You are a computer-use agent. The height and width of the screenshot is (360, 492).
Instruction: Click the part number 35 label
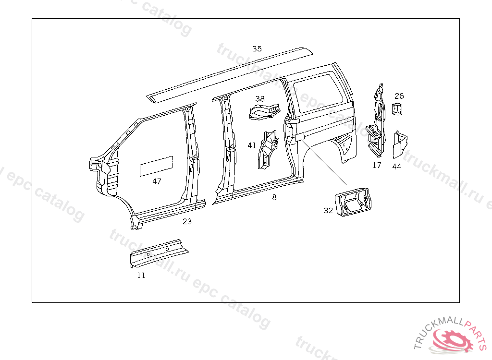click(x=257, y=48)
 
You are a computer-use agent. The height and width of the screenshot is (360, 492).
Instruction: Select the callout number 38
click(x=260, y=99)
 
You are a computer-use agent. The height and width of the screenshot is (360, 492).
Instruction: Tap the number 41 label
click(x=252, y=145)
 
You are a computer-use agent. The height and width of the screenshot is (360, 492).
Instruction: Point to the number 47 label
click(x=157, y=181)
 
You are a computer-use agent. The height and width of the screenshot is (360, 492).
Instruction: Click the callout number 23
click(x=187, y=221)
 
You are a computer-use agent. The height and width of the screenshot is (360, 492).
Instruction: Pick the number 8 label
click(x=274, y=197)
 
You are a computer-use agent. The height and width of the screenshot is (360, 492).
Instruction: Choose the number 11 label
click(x=141, y=276)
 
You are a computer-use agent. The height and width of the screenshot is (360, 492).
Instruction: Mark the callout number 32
click(x=328, y=210)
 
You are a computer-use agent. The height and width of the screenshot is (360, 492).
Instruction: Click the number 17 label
click(x=377, y=165)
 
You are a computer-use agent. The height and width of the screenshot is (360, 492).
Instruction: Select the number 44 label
click(x=396, y=167)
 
